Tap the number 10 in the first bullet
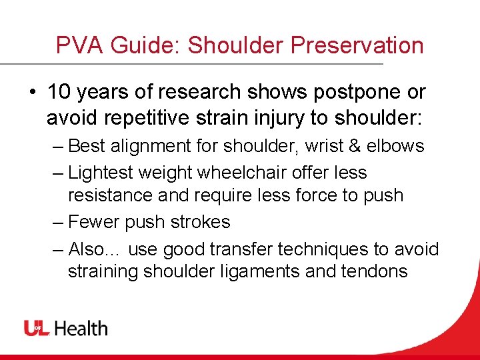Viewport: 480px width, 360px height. tap(59, 93)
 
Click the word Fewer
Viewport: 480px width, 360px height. tap(94, 222)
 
